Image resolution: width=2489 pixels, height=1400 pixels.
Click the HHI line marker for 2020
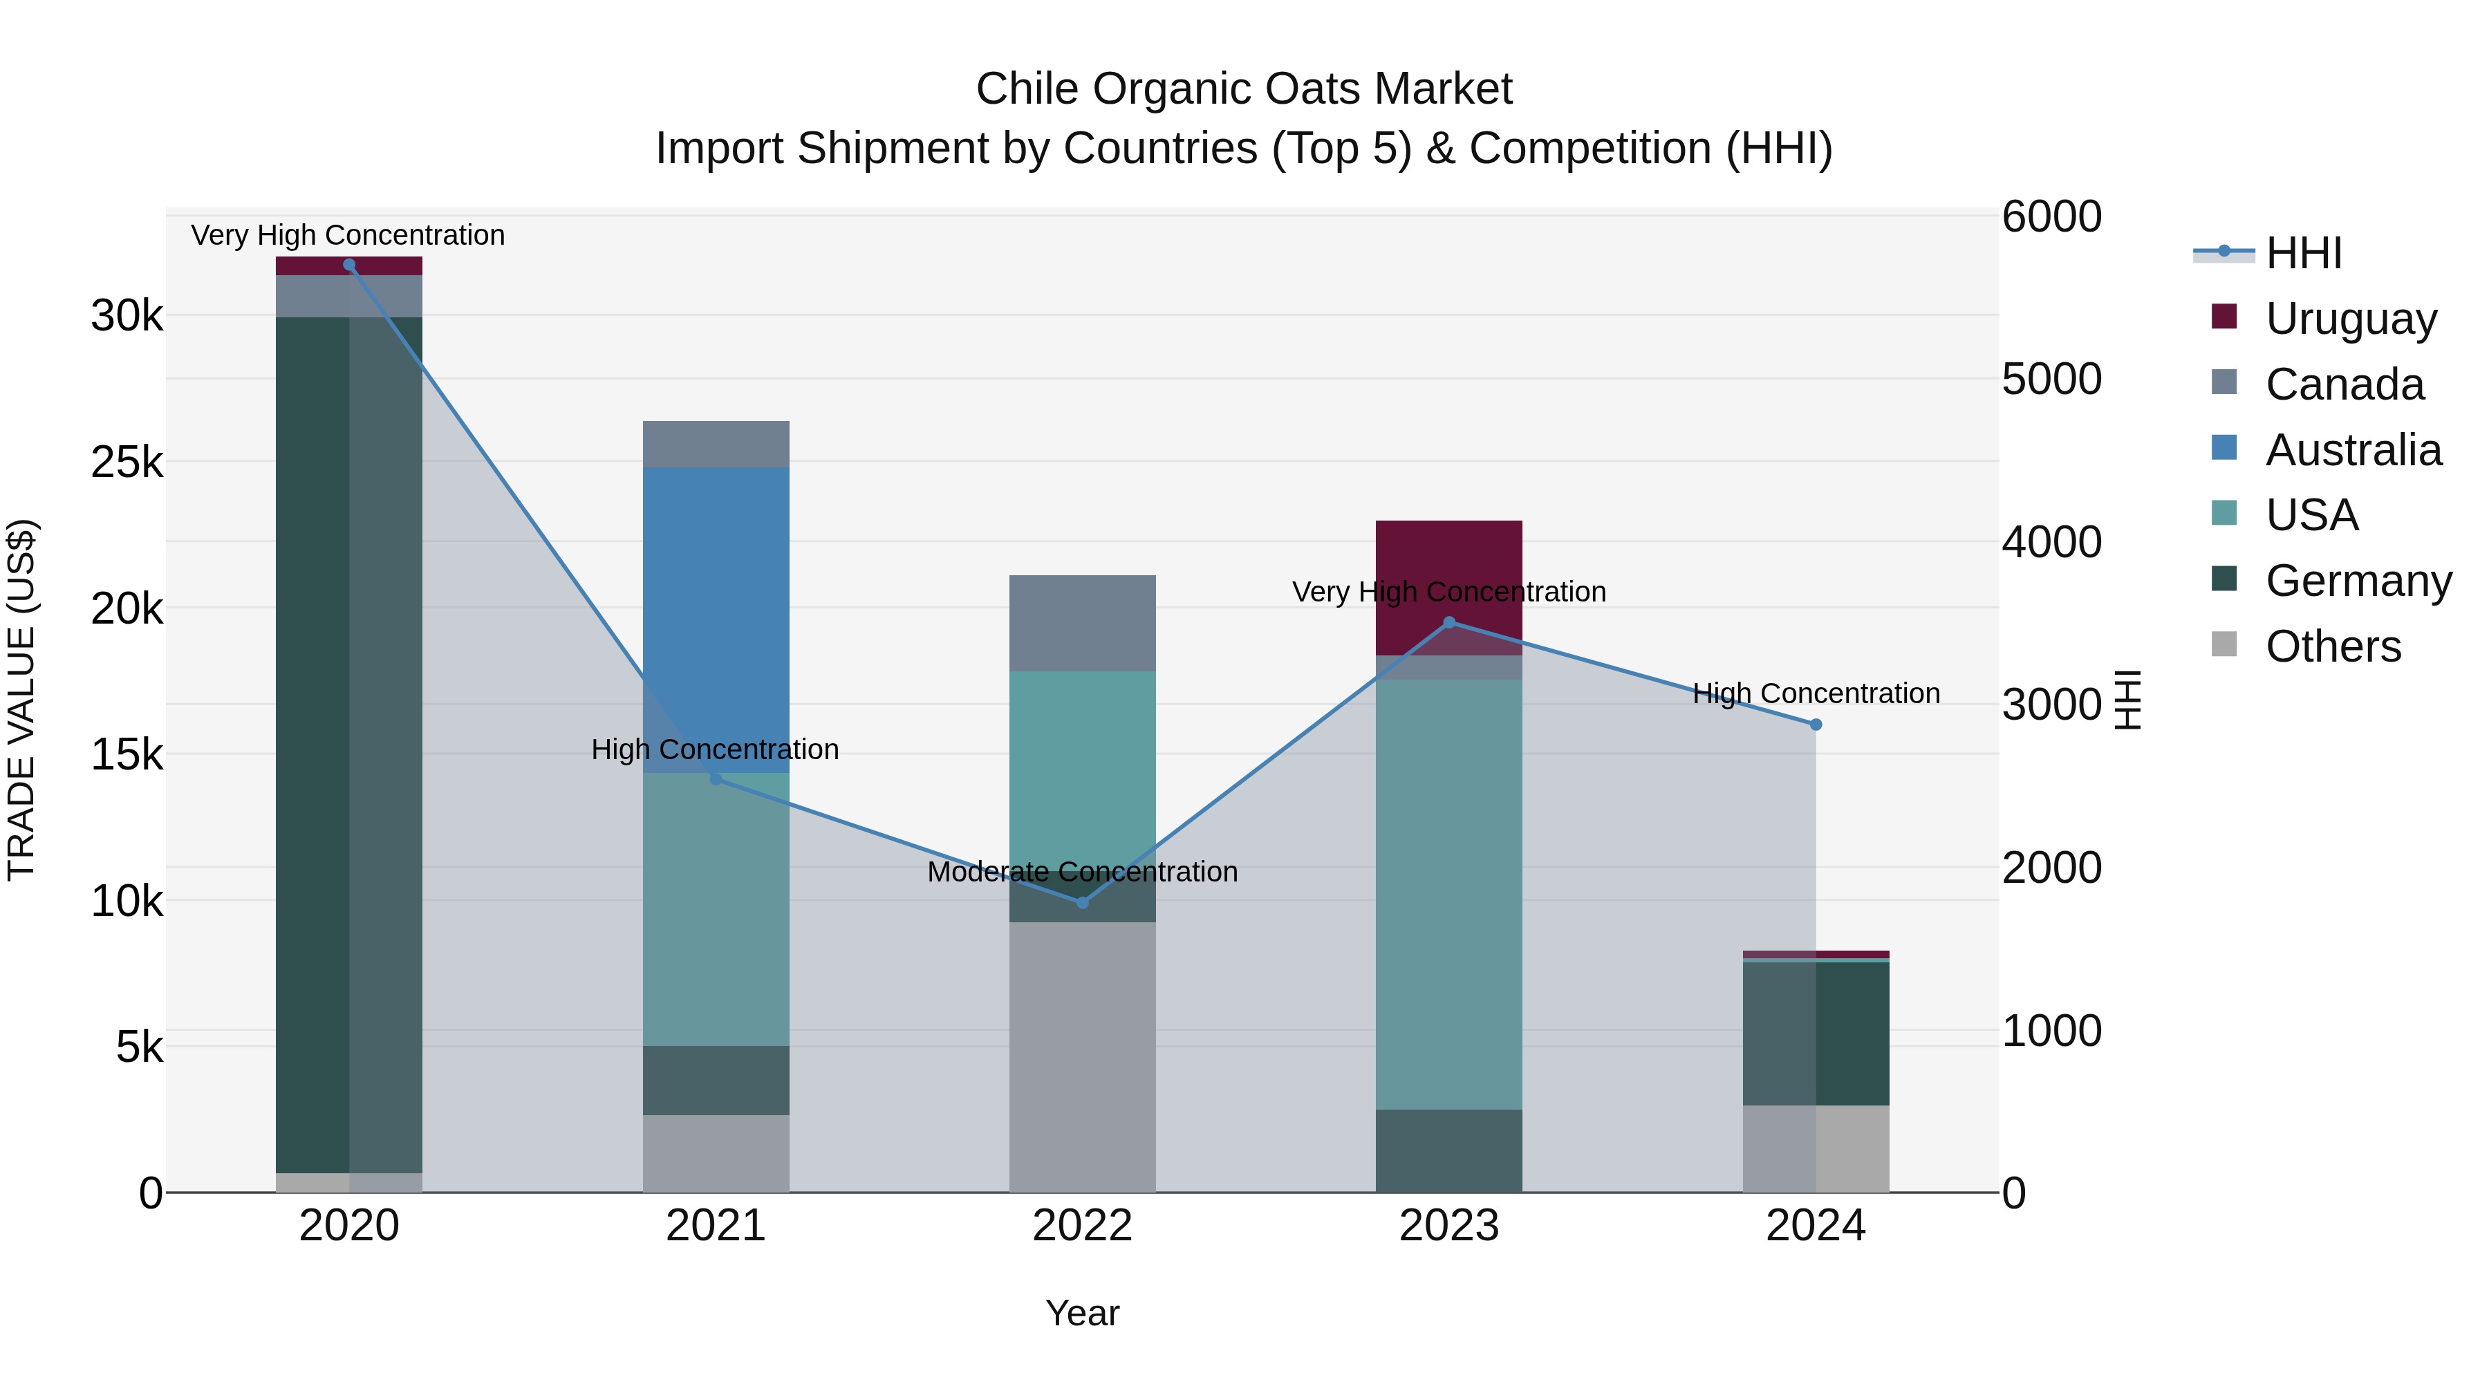tap(349, 265)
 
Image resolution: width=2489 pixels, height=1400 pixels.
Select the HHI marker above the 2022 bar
tap(1082, 902)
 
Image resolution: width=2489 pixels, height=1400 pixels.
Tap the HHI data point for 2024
tap(1816, 725)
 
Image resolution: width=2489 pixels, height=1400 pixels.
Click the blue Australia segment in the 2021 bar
tap(716, 618)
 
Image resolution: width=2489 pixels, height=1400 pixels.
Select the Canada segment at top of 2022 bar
tap(1082, 623)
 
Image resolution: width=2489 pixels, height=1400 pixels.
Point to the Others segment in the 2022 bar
tap(1082, 1057)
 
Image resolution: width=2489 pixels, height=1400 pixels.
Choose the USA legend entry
tap(2311, 515)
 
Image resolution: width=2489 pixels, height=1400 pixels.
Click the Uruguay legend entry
tap(2350, 318)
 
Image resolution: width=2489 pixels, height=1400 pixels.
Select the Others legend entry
tap(2333, 646)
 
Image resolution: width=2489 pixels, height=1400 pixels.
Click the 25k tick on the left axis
tap(127, 462)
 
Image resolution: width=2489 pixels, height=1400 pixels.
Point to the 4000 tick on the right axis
tap(2051, 542)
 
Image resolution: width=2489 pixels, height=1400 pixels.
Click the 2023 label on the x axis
tap(1448, 1225)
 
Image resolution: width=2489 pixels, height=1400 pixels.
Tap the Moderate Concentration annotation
tap(1082, 872)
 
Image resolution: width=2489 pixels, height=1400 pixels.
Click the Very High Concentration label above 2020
tap(348, 235)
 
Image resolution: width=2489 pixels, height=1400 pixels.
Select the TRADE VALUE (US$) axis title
tap(21, 700)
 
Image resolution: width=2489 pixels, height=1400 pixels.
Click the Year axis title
tap(1082, 1313)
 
